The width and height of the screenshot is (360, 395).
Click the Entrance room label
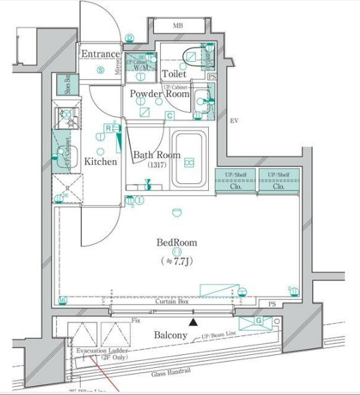(100, 54)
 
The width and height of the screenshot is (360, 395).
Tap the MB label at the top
(178, 26)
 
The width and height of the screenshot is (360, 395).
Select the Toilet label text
(174, 74)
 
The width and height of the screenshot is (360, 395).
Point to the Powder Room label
(160, 94)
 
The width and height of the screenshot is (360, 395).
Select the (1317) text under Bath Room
(156, 166)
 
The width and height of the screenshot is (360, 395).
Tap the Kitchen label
(100, 162)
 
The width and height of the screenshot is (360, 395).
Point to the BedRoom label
(176, 242)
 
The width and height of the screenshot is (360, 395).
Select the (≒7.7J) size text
(176, 260)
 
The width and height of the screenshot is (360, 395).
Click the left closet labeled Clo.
(236, 186)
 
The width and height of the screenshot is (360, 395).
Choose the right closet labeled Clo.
(278, 186)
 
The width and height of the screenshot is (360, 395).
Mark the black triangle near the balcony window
(194, 322)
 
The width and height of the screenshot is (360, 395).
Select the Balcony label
(170, 335)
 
